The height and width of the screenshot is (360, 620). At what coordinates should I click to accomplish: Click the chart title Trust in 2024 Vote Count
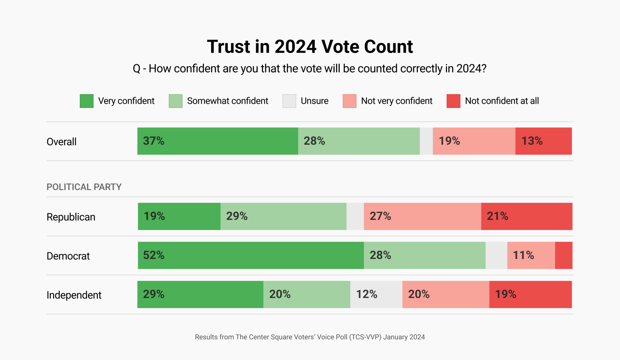pos(310,47)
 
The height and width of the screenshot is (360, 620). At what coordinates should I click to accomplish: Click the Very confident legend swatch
pos(87,101)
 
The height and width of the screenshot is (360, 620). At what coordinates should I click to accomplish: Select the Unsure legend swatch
pos(289,101)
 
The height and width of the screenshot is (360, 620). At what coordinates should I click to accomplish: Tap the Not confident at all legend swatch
pos(453,101)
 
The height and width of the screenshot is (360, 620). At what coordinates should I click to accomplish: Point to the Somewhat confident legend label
pos(227,101)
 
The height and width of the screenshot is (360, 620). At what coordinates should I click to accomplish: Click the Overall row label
pos(62,142)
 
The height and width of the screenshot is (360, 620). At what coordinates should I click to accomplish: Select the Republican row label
pos(71,217)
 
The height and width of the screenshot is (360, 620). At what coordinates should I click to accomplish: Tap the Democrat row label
pos(68,256)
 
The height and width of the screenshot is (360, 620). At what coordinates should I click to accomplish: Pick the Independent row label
pos(74,295)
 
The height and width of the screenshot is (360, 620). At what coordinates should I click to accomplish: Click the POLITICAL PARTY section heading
pos(84,187)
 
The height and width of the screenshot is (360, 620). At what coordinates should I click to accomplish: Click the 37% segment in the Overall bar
pos(218,141)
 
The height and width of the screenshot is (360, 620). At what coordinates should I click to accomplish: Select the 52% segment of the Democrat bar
pos(251,255)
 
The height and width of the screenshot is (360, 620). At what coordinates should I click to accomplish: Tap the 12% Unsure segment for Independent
pos(376,294)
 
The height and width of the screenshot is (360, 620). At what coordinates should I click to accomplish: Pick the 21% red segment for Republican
pos(526,216)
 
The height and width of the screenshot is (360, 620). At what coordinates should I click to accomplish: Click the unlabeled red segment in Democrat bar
pos(564,255)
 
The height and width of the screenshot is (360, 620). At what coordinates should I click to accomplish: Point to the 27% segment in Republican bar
pos(422,216)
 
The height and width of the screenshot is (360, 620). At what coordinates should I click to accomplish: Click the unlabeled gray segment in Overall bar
pos(426,141)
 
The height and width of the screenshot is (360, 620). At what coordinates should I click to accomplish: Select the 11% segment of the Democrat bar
pos(531,255)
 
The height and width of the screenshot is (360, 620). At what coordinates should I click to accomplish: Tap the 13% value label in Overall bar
pos(532,141)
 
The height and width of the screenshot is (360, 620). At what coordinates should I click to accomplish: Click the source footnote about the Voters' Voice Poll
pos(310,337)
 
